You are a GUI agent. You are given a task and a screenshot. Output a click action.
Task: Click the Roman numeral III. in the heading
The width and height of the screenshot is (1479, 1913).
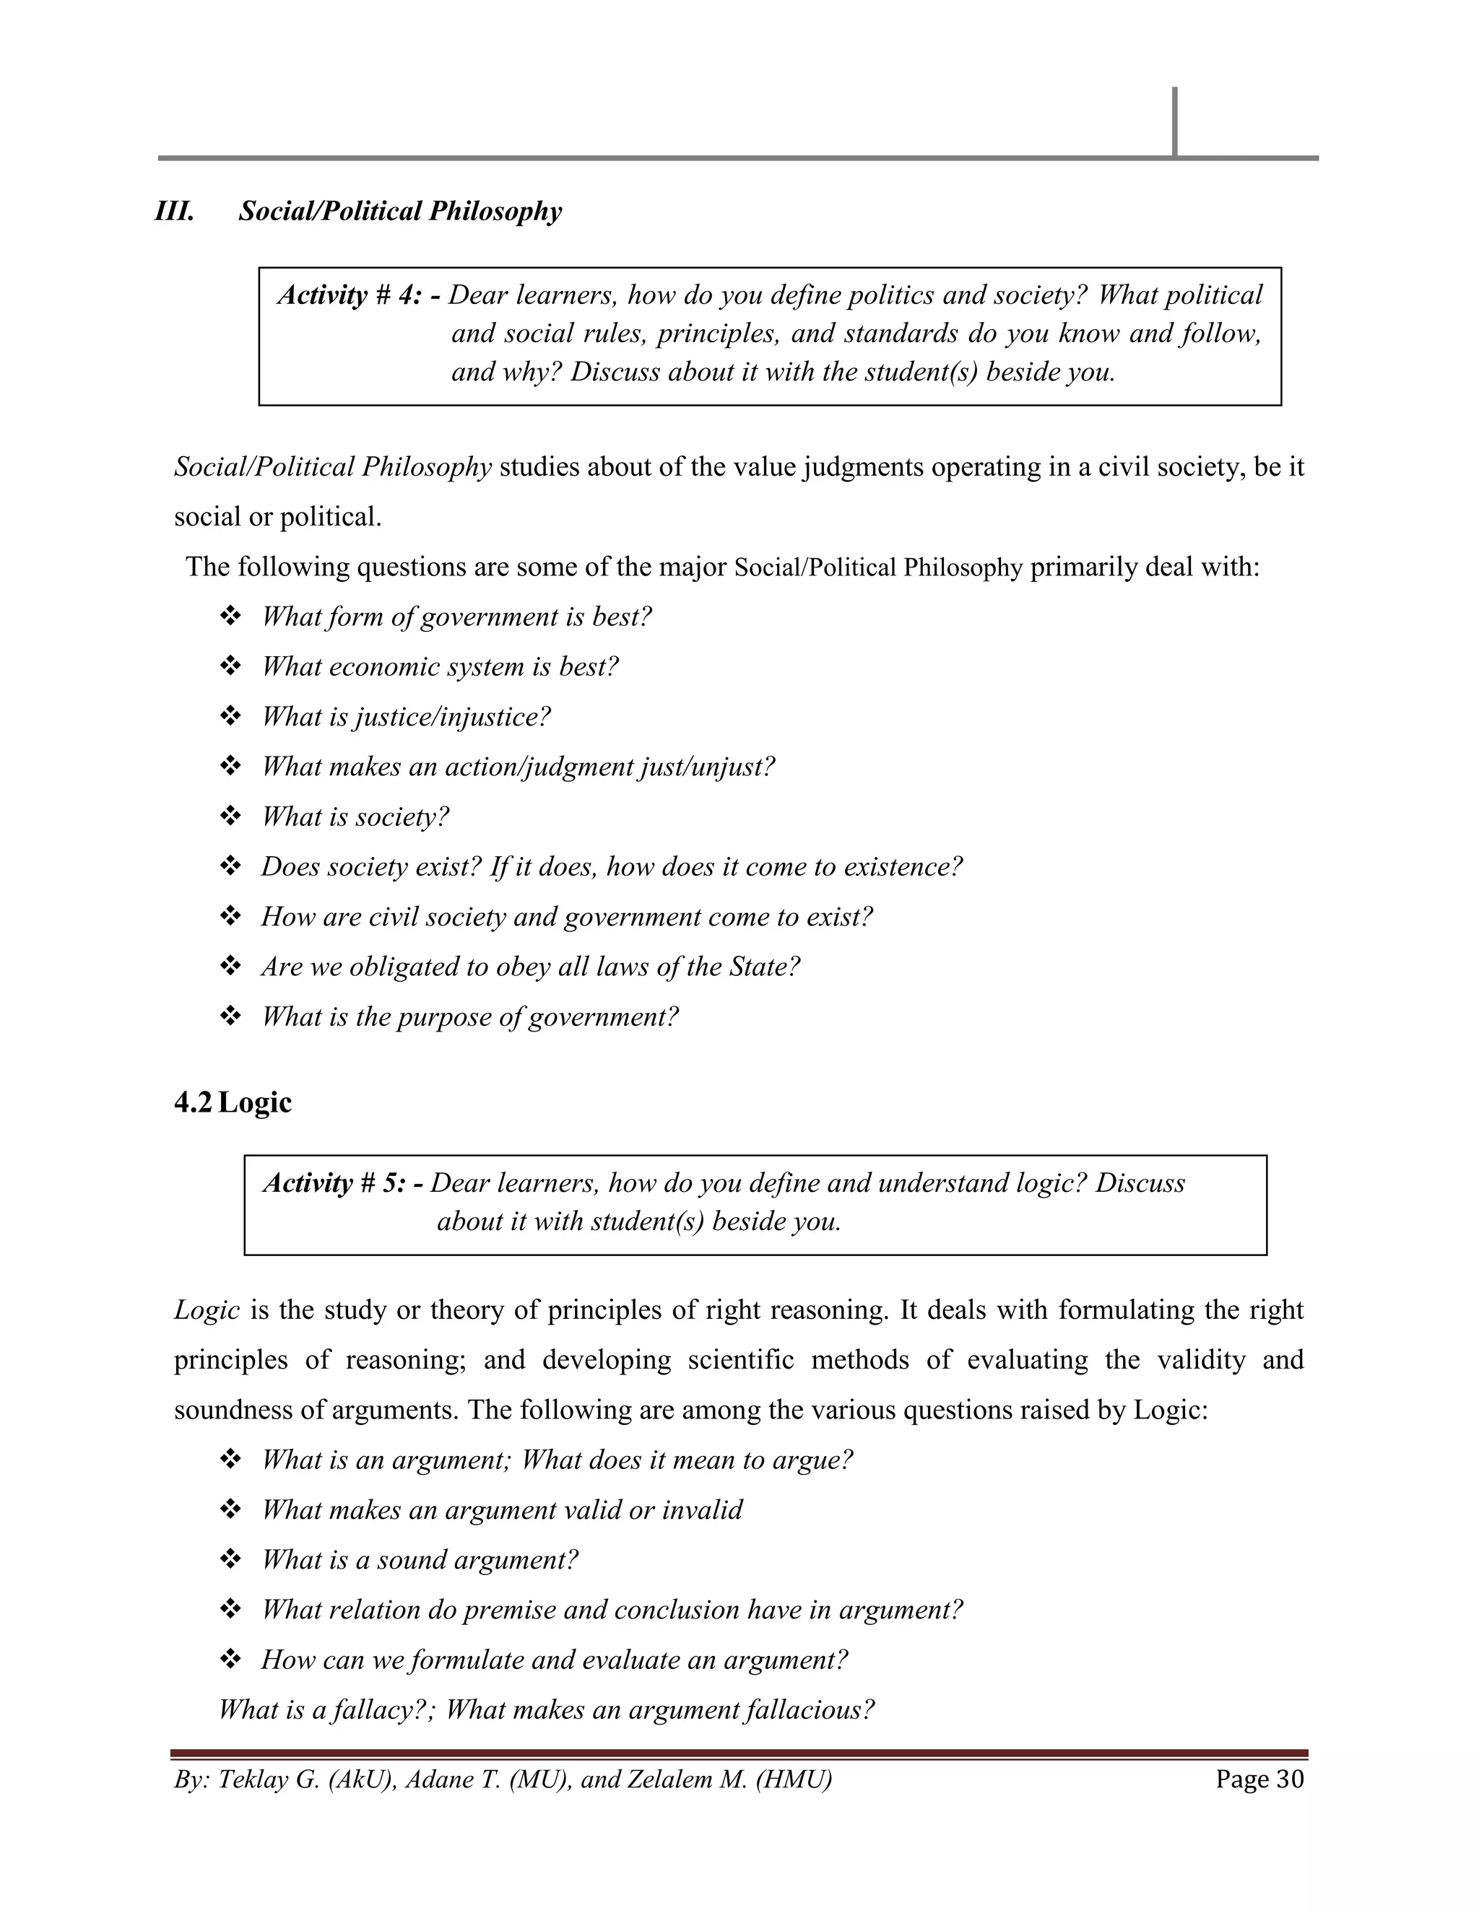[x=174, y=212]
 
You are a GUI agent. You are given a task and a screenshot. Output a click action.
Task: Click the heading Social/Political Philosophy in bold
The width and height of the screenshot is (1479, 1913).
[x=400, y=212]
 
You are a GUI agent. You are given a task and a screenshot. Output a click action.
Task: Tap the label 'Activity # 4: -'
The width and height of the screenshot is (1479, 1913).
[x=359, y=295]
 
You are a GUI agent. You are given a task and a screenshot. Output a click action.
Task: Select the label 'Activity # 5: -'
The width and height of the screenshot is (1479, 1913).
[x=344, y=1183]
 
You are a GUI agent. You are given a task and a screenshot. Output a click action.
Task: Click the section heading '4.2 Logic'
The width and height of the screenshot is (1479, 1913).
[x=233, y=1102]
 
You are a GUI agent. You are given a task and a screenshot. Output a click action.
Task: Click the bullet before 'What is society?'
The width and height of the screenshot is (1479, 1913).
[x=230, y=817]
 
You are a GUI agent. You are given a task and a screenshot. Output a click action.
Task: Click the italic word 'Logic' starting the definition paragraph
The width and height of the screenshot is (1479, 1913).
[x=207, y=1310]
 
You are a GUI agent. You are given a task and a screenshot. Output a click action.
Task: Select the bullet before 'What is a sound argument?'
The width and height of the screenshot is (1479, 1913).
[x=230, y=1560]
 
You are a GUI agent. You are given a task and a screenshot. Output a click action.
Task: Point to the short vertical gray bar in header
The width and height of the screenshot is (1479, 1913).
[x=1174, y=122]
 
